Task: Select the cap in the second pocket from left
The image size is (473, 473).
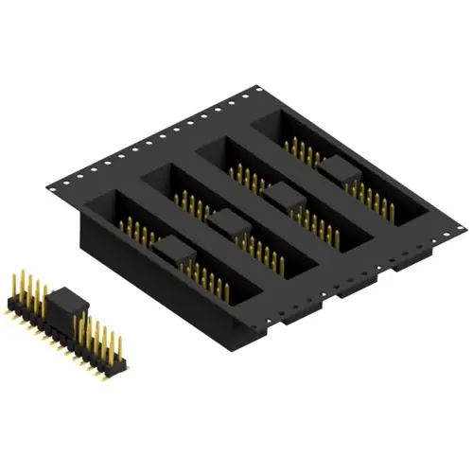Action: coord(226,223)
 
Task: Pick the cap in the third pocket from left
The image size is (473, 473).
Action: coord(281,196)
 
